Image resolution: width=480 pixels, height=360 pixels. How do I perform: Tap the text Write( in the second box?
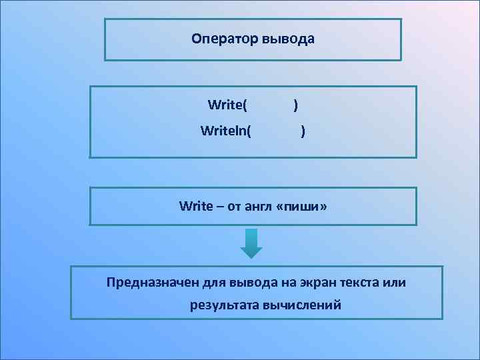tap(227, 105)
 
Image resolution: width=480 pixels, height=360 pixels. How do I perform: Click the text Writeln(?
tap(226, 131)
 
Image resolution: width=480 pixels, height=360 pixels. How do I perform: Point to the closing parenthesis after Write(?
tap(295, 105)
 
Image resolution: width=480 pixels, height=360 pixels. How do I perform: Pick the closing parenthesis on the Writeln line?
tap(303, 131)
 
